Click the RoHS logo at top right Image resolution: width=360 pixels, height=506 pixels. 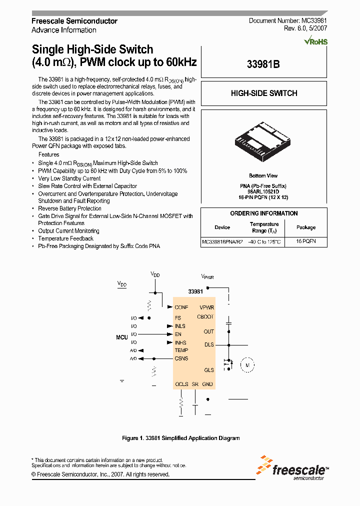click(x=316, y=41)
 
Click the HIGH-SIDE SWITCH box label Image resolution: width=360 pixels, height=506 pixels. click(x=263, y=93)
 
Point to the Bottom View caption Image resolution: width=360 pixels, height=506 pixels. click(x=263, y=176)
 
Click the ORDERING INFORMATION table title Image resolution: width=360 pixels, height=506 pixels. click(x=263, y=213)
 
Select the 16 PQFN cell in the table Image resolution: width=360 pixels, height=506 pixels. click(x=305, y=241)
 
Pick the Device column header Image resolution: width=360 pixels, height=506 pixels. click(x=222, y=227)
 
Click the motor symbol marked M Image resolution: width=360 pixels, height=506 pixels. click(x=246, y=365)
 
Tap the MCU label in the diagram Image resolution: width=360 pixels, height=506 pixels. click(x=122, y=337)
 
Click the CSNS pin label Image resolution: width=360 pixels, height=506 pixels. click(x=181, y=358)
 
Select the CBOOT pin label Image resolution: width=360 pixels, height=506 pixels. click(x=205, y=316)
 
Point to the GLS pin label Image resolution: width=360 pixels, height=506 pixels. click(x=208, y=370)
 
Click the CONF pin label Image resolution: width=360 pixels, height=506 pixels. click(x=181, y=307)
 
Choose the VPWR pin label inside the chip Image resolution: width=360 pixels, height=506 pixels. click(x=206, y=307)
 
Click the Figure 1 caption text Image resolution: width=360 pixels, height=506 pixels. click(x=180, y=438)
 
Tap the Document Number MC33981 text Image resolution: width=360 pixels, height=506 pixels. click(x=288, y=20)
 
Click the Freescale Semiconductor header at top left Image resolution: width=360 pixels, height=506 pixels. click(x=74, y=21)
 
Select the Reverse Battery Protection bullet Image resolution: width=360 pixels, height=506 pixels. click(x=69, y=208)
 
